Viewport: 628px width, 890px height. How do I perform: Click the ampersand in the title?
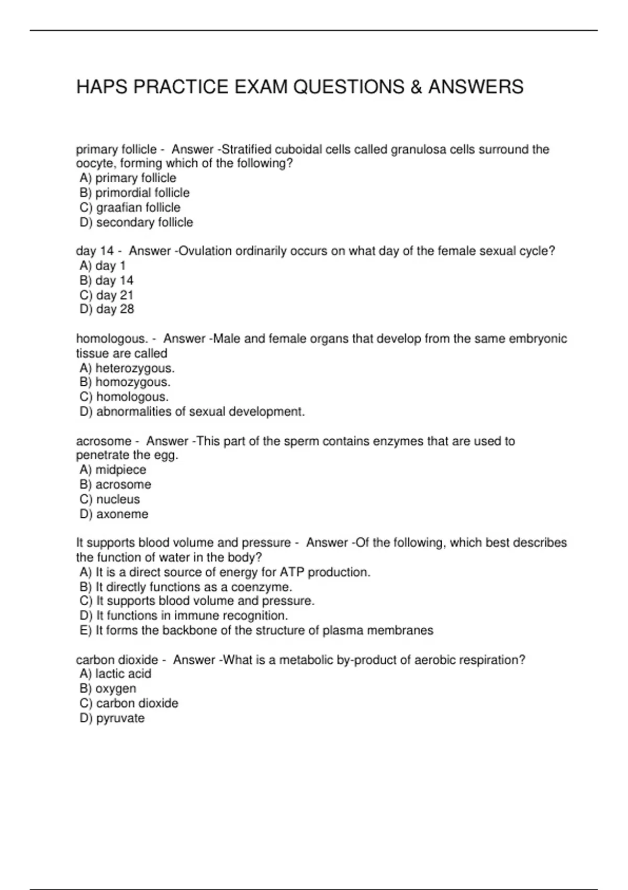(416, 87)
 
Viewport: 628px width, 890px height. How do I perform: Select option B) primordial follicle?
(134, 193)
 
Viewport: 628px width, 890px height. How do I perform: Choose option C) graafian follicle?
(130, 207)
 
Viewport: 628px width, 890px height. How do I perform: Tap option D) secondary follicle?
(136, 222)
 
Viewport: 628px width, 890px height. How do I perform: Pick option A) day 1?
(103, 265)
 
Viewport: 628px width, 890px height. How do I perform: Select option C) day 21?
(107, 295)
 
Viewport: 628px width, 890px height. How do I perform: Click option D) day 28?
(107, 309)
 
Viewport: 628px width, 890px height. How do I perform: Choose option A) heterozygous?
(127, 368)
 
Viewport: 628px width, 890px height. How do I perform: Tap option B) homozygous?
(125, 382)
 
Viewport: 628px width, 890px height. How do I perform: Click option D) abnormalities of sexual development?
(192, 411)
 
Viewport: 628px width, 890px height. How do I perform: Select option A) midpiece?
(113, 470)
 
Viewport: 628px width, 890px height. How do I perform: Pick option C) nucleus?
(110, 499)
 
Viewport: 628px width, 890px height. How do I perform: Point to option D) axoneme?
(114, 514)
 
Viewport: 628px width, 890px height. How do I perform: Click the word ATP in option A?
(292, 572)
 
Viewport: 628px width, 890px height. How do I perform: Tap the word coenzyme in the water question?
(261, 587)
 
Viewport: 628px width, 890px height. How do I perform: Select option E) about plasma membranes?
(256, 630)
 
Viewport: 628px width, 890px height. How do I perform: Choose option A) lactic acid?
(116, 674)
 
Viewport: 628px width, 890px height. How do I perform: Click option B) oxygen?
(108, 688)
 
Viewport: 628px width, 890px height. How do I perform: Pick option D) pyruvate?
(112, 718)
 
